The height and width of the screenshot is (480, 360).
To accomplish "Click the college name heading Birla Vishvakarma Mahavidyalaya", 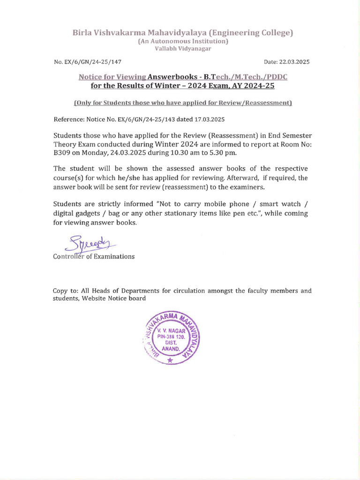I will coord(182,33).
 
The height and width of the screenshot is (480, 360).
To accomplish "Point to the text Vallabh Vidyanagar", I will coord(182,49).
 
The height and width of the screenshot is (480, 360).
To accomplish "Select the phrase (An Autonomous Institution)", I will coord(182,41).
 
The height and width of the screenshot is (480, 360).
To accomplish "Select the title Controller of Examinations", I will coord(94,256).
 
